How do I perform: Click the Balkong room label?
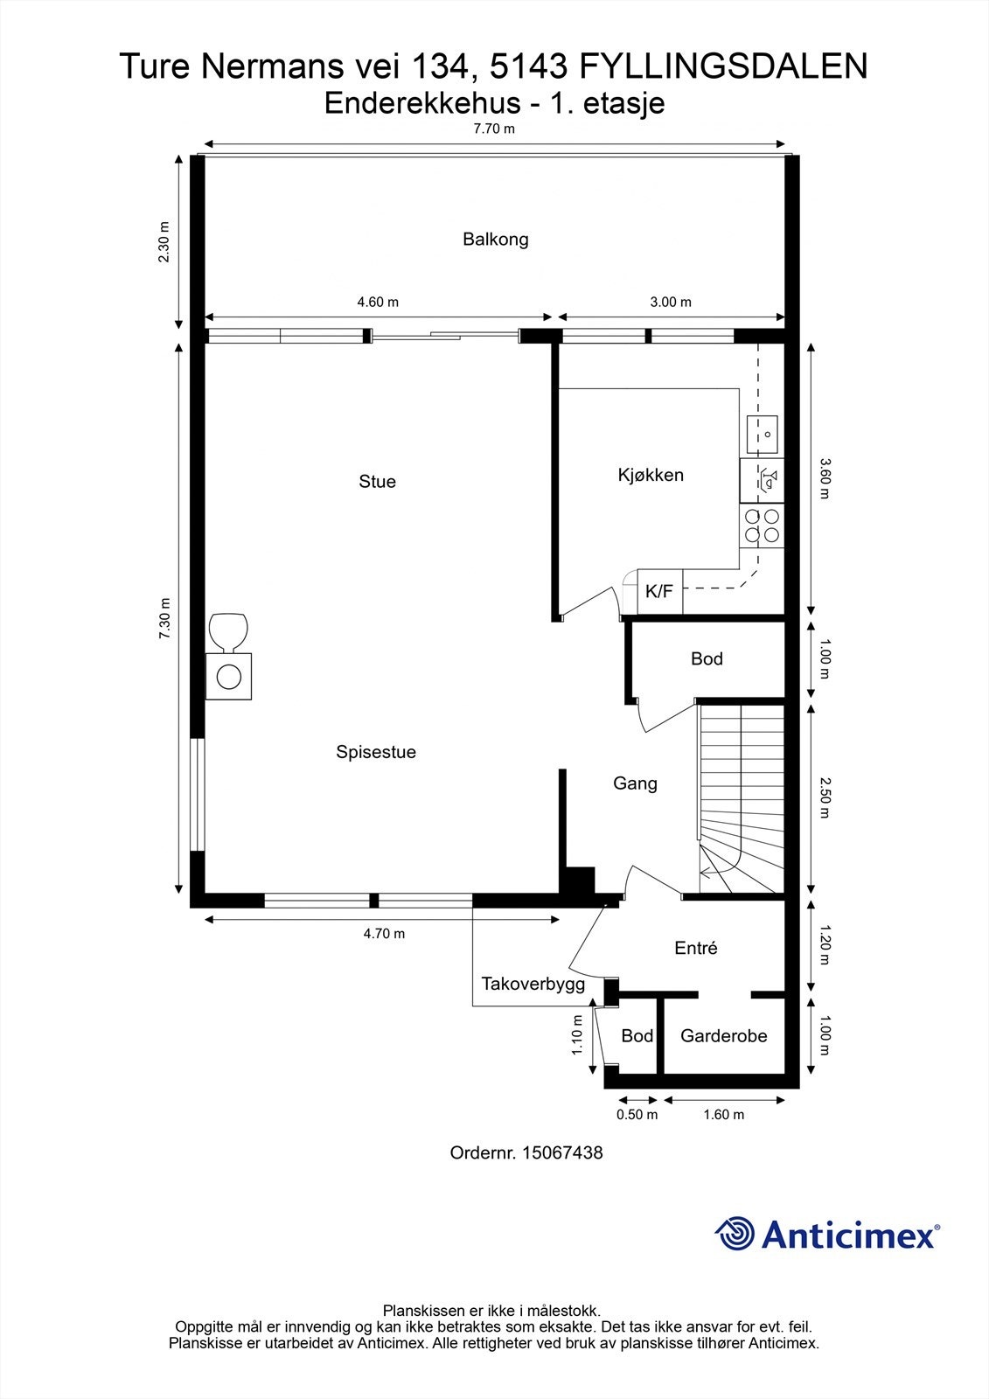[x=496, y=240]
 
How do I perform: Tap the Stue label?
[x=377, y=481]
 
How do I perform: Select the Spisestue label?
[x=375, y=752]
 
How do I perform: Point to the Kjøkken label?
[x=651, y=476]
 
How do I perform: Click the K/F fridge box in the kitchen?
[x=659, y=591]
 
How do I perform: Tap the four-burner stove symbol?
[x=763, y=525]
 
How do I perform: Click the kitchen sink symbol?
[x=763, y=434]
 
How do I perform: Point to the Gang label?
[x=635, y=783]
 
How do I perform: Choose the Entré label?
[x=696, y=948]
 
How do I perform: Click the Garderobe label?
[x=723, y=1036]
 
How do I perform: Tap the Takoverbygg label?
[x=533, y=985]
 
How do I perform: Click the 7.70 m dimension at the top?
[x=494, y=129]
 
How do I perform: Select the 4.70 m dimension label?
[x=384, y=934]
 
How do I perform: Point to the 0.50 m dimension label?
[x=637, y=1115]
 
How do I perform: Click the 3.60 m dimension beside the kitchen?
[x=825, y=478]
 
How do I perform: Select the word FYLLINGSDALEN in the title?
[x=723, y=66]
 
